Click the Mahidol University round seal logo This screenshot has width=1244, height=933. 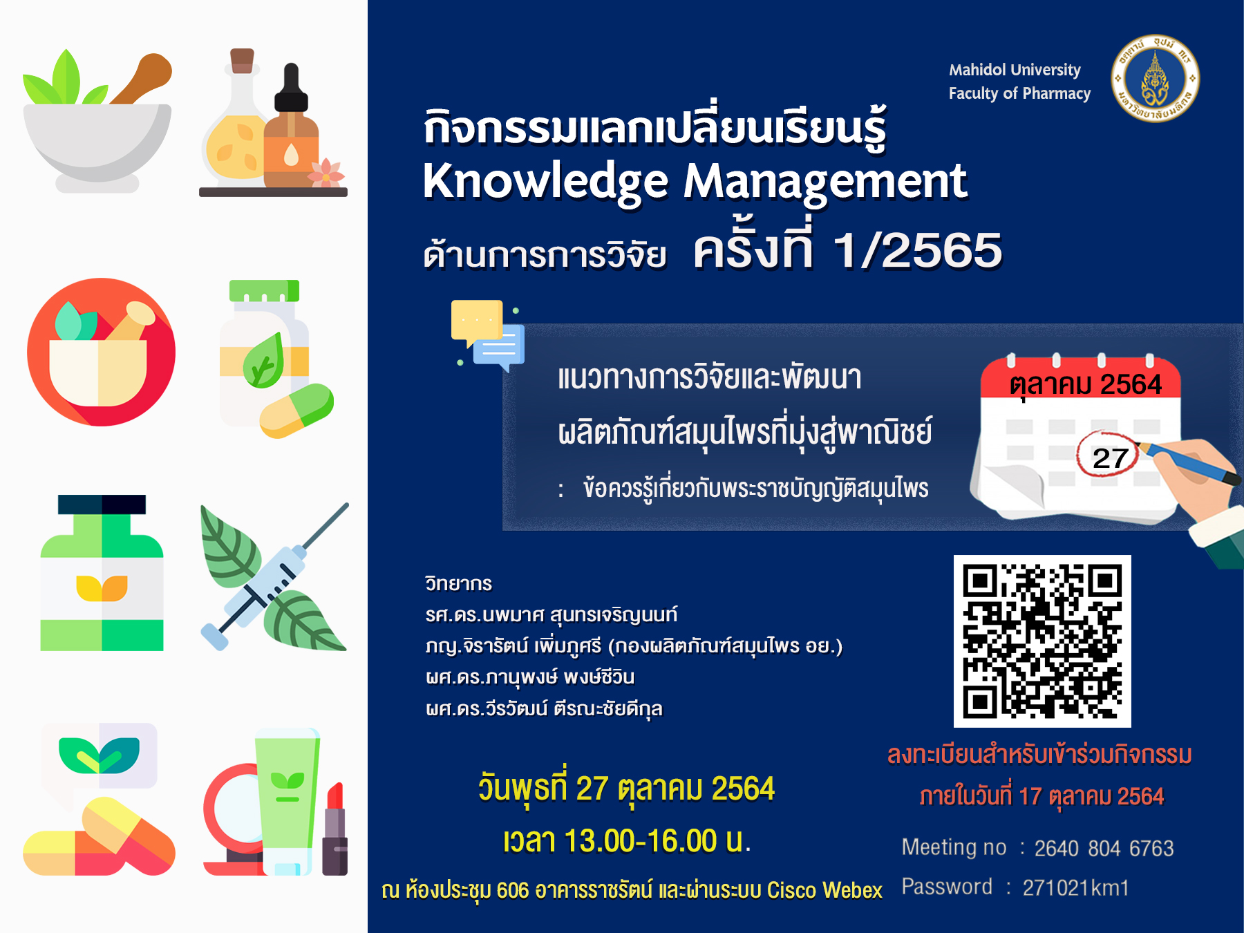(x=1155, y=79)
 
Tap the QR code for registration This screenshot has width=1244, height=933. (x=1042, y=641)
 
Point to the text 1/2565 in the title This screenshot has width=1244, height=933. (x=918, y=250)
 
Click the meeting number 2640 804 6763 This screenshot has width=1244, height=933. (x=1104, y=848)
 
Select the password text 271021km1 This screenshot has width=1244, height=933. (x=1075, y=887)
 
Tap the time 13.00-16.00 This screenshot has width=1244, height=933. (x=641, y=841)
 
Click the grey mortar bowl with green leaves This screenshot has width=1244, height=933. (x=97, y=122)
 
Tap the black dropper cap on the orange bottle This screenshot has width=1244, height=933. (x=291, y=87)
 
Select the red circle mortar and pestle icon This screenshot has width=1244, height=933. (x=101, y=352)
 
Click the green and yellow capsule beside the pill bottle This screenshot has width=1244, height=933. (x=296, y=411)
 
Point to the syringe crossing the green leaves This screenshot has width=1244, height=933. (x=274, y=576)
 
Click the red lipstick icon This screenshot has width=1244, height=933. (x=335, y=829)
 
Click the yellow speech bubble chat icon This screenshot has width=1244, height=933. (x=477, y=322)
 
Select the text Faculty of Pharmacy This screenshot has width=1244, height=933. (x=1019, y=93)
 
